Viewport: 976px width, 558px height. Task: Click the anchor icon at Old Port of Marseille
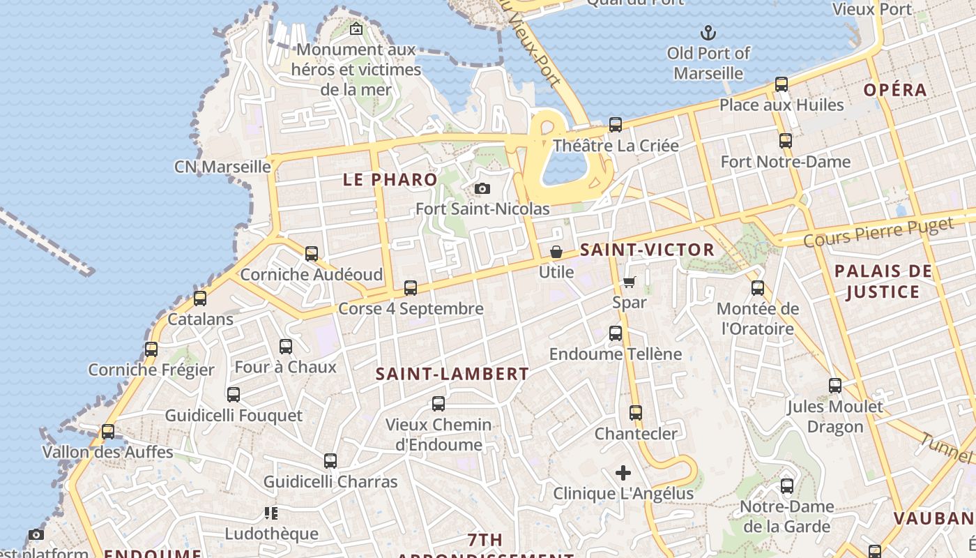click(x=708, y=32)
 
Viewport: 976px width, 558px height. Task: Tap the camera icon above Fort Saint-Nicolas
click(x=482, y=188)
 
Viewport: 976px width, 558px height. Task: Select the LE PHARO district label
click(x=390, y=179)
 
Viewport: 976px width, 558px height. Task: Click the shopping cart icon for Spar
click(x=630, y=282)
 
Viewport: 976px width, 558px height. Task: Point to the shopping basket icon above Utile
click(x=556, y=252)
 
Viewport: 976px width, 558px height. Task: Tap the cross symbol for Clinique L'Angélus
click(x=623, y=473)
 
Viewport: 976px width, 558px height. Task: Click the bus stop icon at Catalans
click(x=200, y=299)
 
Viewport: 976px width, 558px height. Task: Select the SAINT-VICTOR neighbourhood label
click(x=647, y=250)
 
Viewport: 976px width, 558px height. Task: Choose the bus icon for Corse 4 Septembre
click(x=411, y=288)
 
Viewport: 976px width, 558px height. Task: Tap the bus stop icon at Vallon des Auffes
click(x=108, y=432)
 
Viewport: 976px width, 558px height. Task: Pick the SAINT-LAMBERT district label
click(x=452, y=374)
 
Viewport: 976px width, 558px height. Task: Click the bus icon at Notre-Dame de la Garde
click(x=787, y=486)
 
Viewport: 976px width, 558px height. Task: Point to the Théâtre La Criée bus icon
click(x=616, y=125)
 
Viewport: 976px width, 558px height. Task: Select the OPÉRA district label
click(x=895, y=90)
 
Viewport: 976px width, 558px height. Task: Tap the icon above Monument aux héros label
click(x=356, y=29)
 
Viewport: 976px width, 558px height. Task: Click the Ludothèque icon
click(x=271, y=514)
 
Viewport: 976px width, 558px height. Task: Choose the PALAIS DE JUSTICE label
click(x=883, y=281)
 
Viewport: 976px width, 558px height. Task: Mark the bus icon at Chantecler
click(x=636, y=413)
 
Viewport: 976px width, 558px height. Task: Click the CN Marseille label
click(x=222, y=167)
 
